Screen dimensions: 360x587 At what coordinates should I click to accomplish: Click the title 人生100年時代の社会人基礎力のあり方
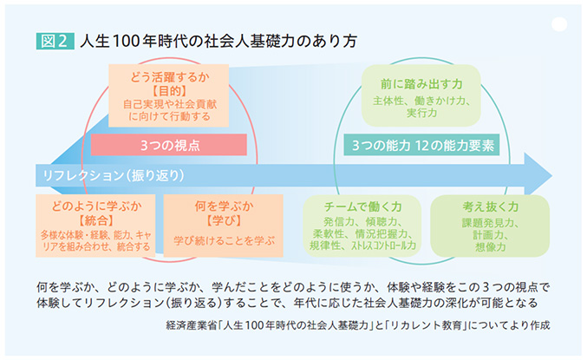218,41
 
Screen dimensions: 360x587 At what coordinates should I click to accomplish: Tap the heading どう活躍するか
170,75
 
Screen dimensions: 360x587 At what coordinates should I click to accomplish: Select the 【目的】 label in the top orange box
170,89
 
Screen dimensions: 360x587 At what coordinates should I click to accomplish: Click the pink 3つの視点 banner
170,144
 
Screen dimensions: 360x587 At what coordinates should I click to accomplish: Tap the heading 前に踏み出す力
421,84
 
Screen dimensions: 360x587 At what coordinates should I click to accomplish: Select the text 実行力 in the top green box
421,114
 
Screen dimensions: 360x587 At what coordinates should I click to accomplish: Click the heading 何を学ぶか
224,206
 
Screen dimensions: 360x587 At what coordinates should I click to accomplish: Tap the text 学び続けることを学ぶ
224,239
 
